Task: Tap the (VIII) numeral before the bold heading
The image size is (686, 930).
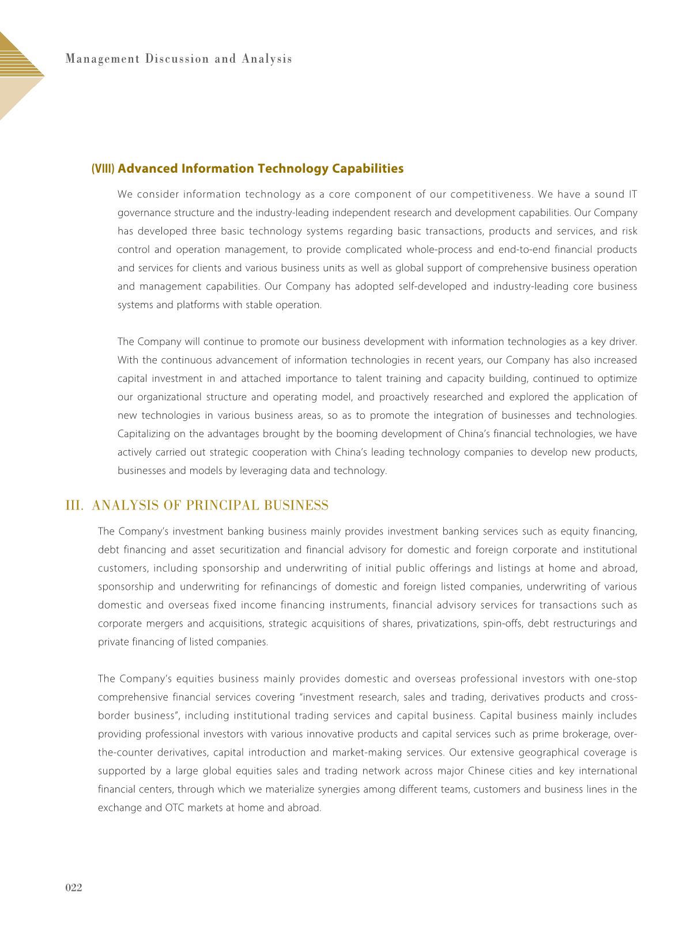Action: click(x=103, y=169)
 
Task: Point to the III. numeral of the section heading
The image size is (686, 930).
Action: click(x=76, y=506)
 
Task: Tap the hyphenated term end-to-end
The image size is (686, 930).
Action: click(x=523, y=249)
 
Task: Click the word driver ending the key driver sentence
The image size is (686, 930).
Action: click(x=623, y=341)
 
